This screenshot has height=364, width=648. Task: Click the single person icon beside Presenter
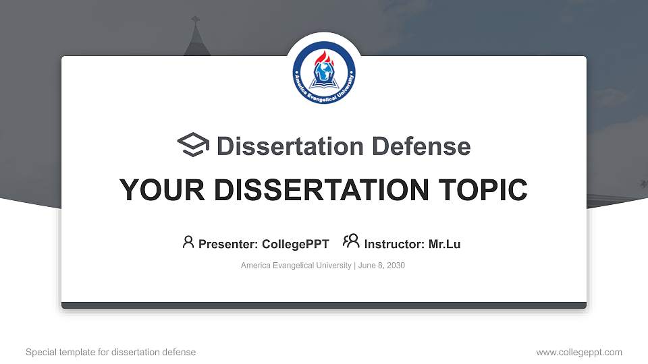coord(188,242)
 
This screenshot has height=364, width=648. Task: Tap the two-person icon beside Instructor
coord(351,241)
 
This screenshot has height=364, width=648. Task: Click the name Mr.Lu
coord(444,244)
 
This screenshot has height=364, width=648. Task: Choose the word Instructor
coord(394,244)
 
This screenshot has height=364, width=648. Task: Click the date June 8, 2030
coord(381,266)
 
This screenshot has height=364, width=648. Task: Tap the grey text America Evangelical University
coord(296,266)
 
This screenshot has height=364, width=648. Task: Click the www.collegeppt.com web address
coord(579,352)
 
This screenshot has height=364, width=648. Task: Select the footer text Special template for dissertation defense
coord(111,352)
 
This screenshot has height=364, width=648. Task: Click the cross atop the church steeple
coord(196,20)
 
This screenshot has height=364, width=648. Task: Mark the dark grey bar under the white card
coord(324,305)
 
